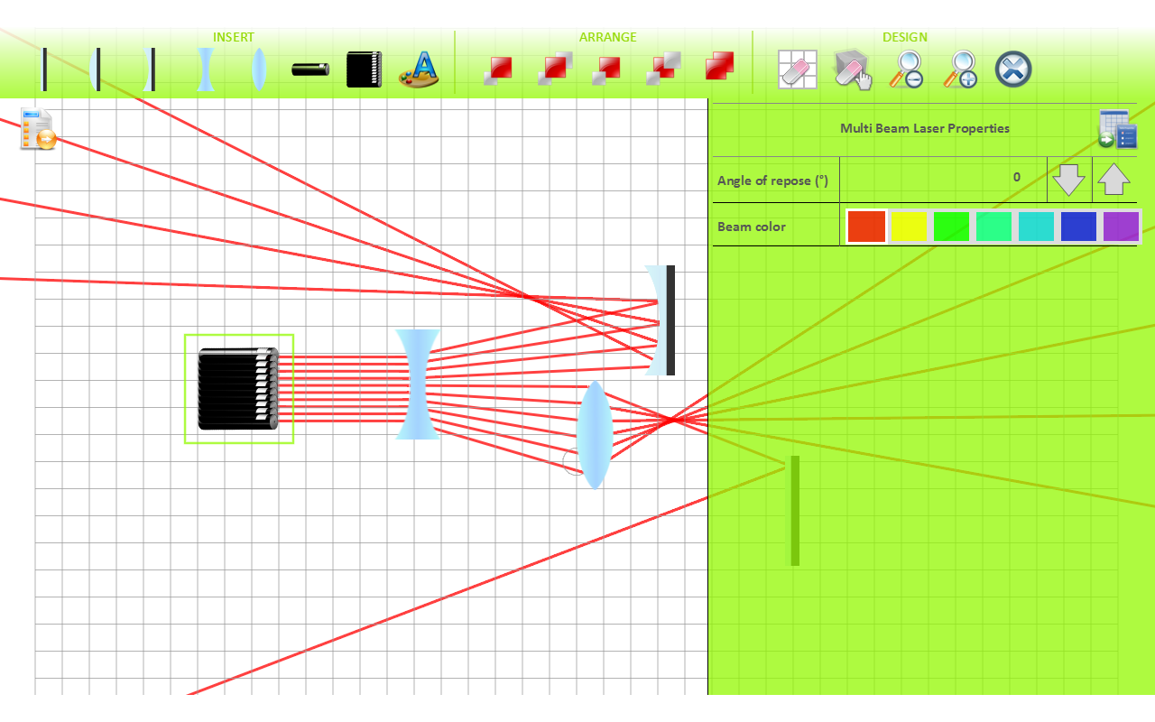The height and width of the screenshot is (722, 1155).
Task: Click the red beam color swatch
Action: click(866, 227)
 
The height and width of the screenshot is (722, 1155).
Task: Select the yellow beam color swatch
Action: click(909, 227)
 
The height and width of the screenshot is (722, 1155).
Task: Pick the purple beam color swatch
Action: click(1122, 227)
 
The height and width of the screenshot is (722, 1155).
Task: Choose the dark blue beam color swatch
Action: click(1078, 227)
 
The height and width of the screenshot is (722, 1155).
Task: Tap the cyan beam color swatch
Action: click(1036, 227)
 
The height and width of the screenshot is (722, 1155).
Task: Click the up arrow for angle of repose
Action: click(1114, 180)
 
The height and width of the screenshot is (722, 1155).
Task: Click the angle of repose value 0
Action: click(1016, 177)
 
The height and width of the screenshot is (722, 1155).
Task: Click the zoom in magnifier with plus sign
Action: click(961, 69)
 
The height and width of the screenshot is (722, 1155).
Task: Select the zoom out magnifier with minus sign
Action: click(906, 69)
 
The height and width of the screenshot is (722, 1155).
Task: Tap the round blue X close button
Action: click(1013, 69)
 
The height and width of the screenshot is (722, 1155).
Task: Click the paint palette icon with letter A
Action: click(419, 69)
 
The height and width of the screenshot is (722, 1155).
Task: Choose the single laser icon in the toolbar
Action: click(310, 69)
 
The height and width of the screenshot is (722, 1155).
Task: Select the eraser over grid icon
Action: click(798, 69)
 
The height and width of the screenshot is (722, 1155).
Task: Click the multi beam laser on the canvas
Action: click(238, 389)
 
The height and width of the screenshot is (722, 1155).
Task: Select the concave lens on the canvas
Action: click(417, 384)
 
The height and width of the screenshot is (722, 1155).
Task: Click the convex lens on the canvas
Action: click(595, 435)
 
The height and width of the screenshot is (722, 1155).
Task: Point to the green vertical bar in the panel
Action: click(795, 511)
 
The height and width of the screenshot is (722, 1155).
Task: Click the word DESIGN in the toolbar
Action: click(904, 37)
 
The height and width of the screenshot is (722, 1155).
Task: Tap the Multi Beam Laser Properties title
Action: click(924, 128)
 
